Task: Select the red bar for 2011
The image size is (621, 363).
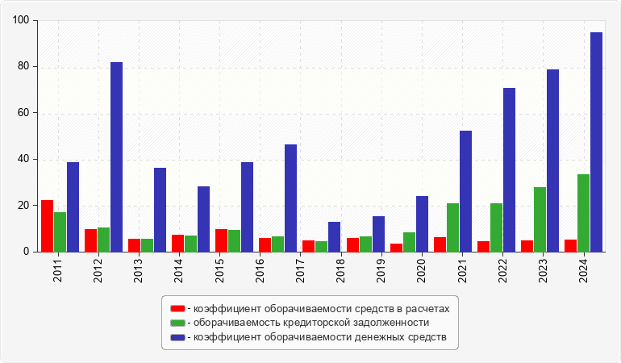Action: (x=47, y=226)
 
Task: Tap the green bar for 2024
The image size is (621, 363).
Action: (x=583, y=213)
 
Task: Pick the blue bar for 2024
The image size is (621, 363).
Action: (x=596, y=142)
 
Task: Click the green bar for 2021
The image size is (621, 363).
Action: (x=452, y=227)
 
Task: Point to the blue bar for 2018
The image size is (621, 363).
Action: (x=334, y=236)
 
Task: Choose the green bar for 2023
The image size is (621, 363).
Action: (x=540, y=219)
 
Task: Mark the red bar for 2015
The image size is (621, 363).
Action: (x=221, y=240)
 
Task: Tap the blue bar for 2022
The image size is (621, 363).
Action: (x=509, y=169)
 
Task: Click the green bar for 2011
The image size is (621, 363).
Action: (x=60, y=232)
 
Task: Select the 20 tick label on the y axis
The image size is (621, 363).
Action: (x=25, y=206)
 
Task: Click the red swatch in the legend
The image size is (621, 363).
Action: (x=177, y=308)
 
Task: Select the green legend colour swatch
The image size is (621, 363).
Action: (x=177, y=323)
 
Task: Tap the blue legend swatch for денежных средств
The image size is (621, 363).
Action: (x=177, y=336)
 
